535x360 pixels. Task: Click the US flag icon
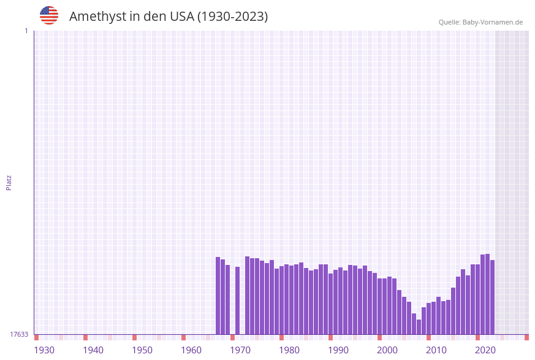pos(49,15)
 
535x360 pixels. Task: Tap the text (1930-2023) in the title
pos(232,17)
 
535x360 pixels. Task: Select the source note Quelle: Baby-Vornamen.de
pos(480,22)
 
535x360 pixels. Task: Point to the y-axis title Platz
pos(9,183)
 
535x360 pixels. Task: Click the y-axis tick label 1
pos(26,31)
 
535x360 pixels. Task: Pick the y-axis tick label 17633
pos(19,334)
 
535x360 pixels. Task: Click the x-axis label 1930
pos(44,350)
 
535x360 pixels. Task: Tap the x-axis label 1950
pos(142,350)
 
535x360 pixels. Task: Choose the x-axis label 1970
pos(240,350)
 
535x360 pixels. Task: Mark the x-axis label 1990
pos(338,350)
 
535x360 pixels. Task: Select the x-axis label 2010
pos(436,350)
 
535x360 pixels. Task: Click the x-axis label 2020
pos(485,350)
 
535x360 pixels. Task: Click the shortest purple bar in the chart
pos(419,327)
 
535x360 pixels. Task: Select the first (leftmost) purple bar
pos(218,296)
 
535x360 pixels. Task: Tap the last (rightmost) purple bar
pos(492,297)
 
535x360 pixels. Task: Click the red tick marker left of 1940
pos(86,337)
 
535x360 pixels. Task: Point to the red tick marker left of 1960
pos(183,337)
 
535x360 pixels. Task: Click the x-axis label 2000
pos(387,350)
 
